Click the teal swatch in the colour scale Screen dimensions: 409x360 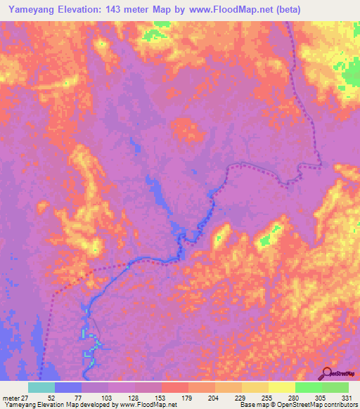(x=41, y=387)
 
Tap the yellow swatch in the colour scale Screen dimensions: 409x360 (x=281, y=387)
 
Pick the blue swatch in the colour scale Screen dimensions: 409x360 (x=68, y=387)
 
